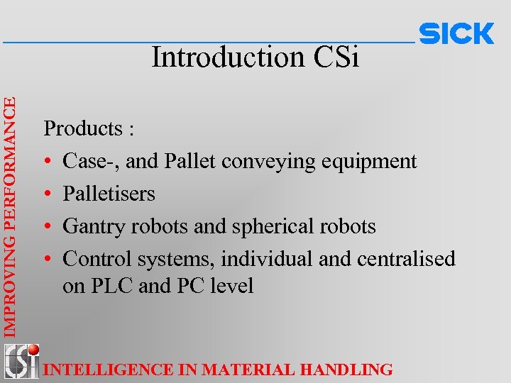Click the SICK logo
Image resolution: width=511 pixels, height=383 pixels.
coord(456,33)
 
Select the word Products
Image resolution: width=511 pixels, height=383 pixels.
coord(83,129)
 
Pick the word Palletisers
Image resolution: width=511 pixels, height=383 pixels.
coord(109,194)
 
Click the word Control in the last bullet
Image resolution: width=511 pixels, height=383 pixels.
coord(90,259)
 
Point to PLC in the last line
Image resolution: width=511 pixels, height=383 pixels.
coord(104,286)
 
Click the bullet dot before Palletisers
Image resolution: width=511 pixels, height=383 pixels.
coord(48,194)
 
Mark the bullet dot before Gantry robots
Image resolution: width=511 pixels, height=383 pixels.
coord(48,227)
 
